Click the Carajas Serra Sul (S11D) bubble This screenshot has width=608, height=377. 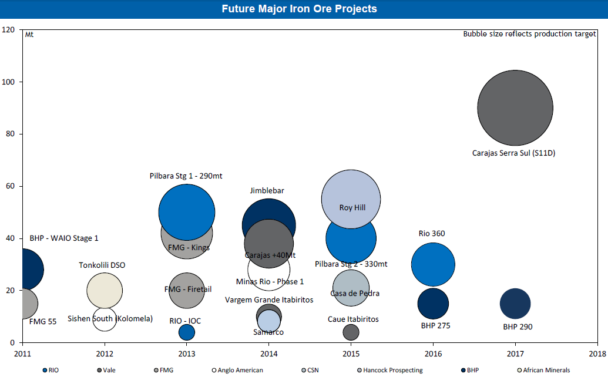(x=515, y=108)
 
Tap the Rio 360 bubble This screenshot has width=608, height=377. (x=433, y=264)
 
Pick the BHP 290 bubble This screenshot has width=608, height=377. (x=515, y=304)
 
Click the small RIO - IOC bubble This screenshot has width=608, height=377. (x=186, y=332)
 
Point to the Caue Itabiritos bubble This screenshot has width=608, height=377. (x=351, y=332)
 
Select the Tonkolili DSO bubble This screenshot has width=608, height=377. (x=105, y=290)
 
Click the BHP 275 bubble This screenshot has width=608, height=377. (x=433, y=304)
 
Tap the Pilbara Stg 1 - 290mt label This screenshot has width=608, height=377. (x=186, y=176)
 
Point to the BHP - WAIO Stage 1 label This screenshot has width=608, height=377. (x=64, y=238)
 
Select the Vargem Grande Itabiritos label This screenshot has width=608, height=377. (x=269, y=300)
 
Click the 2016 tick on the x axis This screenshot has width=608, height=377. (x=433, y=354)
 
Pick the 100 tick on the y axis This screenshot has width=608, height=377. (x=11, y=82)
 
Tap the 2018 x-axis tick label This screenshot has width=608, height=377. (x=597, y=354)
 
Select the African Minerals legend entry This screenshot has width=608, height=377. (x=543, y=371)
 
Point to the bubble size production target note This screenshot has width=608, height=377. (x=529, y=34)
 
